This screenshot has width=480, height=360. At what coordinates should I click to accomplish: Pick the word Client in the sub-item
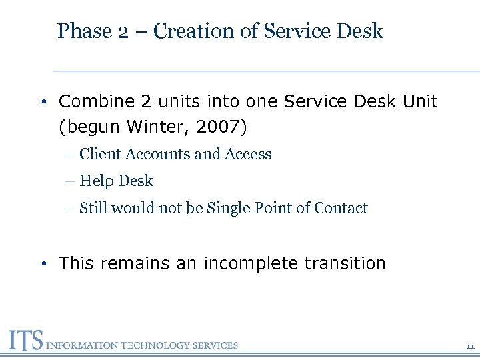[97, 154]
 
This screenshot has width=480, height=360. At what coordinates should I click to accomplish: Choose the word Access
[248, 154]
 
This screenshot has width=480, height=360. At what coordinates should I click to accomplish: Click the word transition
[345, 263]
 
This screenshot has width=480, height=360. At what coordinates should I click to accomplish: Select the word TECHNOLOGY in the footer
[156, 345]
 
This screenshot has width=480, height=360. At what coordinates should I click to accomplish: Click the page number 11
[470, 347]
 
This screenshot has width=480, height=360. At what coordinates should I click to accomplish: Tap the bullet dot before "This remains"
[42, 264]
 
